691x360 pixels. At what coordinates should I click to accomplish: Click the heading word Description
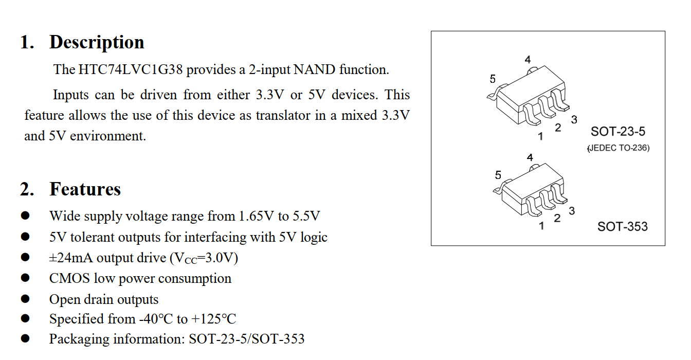click(x=97, y=42)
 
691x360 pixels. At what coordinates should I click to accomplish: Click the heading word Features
click(x=85, y=189)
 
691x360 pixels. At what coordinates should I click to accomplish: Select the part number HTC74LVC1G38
click(x=131, y=70)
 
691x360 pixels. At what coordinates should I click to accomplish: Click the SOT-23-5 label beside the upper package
click(x=617, y=132)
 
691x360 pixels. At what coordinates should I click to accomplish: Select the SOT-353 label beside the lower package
click(x=622, y=226)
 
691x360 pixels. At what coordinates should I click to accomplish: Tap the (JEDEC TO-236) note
click(x=619, y=148)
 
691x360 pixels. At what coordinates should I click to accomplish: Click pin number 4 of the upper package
click(x=528, y=60)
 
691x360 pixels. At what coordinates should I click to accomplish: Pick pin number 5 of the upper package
click(x=493, y=79)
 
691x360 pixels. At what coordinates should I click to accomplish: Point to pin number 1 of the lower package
click(x=541, y=226)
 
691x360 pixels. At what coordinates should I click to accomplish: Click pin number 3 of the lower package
click(x=572, y=211)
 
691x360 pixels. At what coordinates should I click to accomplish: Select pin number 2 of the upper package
click(x=558, y=128)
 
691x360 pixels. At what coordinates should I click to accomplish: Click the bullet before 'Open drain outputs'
click(x=26, y=299)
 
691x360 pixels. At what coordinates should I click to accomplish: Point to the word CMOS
click(x=69, y=279)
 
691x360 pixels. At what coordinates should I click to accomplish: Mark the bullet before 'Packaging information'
click(x=26, y=339)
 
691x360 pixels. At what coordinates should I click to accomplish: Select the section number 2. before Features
click(x=27, y=189)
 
